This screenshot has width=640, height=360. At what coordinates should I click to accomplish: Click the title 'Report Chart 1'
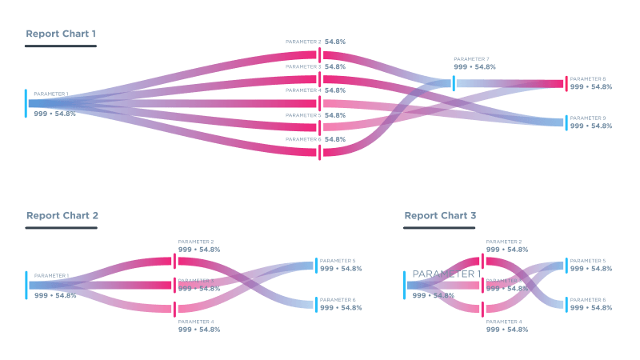click(x=61, y=34)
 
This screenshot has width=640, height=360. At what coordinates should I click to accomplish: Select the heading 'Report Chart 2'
click(x=62, y=215)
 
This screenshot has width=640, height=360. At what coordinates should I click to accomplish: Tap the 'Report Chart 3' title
click(x=440, y=215)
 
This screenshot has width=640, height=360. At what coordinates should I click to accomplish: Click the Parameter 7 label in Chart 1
click(x=471, y=58)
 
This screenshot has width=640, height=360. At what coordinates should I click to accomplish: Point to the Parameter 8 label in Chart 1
click(x=587, y=78)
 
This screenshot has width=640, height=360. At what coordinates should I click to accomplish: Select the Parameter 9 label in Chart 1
click(x=587, y=118)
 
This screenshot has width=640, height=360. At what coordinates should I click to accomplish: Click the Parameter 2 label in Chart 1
click(x=303, y=42)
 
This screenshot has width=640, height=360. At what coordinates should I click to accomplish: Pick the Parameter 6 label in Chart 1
click(x=303, y=139)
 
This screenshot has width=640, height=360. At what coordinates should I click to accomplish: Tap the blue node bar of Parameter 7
click(x=454, y=83)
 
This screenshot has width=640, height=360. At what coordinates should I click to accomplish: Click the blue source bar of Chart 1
click(x=26, y=103)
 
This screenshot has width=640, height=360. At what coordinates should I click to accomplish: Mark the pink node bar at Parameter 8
click(x=566, y=83)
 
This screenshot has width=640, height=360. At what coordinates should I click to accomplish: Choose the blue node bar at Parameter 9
click(x=566, y=122)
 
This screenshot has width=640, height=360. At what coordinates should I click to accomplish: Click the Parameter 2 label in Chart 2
click(x=196, y=241)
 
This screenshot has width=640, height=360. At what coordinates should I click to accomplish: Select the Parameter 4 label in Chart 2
click(x=196, y=321)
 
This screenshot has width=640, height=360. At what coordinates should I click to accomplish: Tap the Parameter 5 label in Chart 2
click(x=337, y=261)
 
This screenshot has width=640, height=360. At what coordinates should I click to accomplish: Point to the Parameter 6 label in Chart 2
click(x=337, y=300)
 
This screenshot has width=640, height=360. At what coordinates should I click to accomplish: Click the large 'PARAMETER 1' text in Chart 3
click(x=446, y=274)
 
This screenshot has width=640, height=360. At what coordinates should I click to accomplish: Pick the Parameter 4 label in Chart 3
click(x=504, y=321)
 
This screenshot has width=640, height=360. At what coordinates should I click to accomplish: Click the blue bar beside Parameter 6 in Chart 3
click(x=566, y=304)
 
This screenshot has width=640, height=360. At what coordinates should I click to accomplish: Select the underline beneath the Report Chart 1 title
click(x=61, y=46)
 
